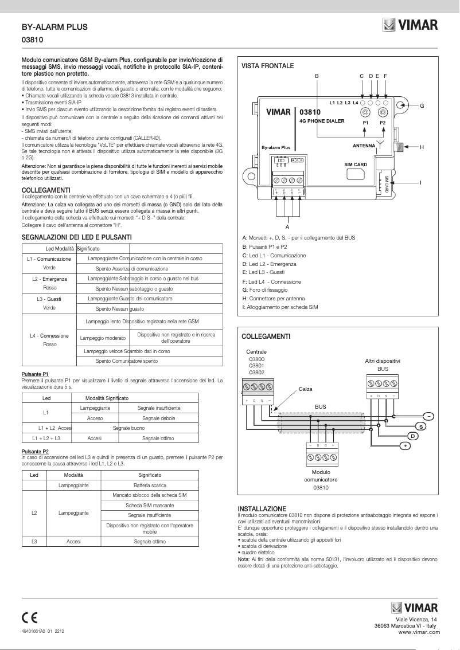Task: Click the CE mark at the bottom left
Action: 29,617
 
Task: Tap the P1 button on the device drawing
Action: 365,113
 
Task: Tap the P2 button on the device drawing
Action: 383,113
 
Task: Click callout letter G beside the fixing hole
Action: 422,106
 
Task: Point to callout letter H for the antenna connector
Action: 422,147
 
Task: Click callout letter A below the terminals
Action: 287,227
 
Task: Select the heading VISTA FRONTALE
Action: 267,66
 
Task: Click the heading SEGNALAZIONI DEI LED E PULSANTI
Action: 76,237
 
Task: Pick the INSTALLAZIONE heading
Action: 262,508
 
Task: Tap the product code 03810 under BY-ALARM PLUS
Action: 33,40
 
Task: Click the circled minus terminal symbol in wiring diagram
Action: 428,416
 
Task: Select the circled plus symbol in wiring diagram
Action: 405,445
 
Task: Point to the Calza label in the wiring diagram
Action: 305,389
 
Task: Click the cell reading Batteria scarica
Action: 150,485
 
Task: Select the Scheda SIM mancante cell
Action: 150,506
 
